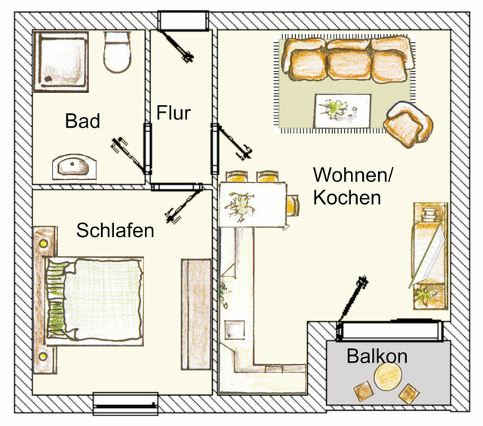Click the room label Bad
82,121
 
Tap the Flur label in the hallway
174,113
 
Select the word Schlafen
115,230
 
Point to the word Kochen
346,198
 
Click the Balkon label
377,357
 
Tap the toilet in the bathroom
118,53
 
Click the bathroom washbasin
73,164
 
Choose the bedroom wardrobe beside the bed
195,313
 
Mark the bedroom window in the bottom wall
125,403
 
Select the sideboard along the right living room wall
428,254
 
